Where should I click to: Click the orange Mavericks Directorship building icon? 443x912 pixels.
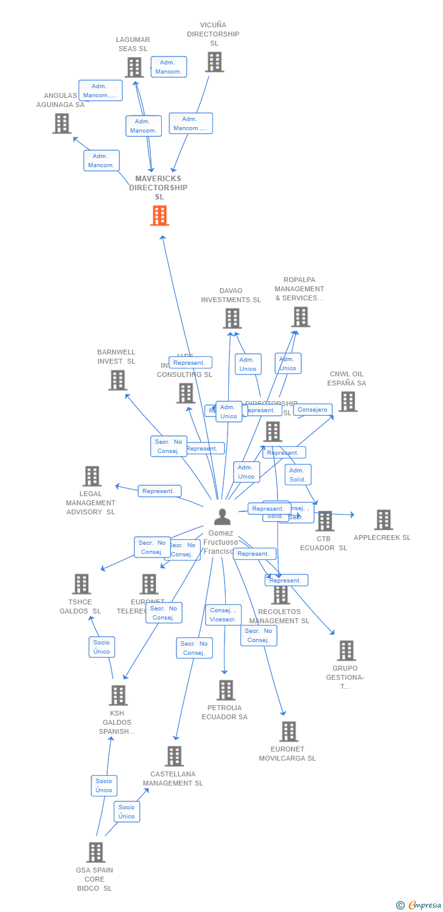pos(159,216)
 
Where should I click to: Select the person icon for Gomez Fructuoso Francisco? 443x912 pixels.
pos(223,517)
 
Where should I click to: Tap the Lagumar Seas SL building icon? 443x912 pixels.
pos(134,67)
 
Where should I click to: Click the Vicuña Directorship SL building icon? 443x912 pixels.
pos(214,62)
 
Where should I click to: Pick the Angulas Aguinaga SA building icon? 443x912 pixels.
pos(61,123)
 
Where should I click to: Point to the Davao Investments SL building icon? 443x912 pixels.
pos(232,319)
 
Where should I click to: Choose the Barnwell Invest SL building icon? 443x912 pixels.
pos(117,380)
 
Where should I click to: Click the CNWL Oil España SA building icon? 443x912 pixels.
pos(347,401)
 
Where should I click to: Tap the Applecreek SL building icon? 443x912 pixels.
pos(383,520)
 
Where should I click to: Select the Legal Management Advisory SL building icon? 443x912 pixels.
pos(92,476)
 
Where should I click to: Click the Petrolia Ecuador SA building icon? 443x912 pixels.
pos(226,690)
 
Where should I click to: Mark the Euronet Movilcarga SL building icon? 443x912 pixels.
pos(288,731)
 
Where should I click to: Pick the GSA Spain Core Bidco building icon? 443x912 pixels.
pos(96,852)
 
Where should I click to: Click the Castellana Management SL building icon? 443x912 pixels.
pos(174,756)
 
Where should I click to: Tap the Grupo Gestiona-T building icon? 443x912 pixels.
pos(346,651)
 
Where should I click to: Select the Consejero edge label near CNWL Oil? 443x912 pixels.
pos(313,410)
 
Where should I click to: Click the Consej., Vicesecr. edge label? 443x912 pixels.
pos(223,615)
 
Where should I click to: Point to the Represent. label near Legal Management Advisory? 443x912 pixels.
pos(159,491)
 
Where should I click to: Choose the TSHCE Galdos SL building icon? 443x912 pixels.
pos(81,584)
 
